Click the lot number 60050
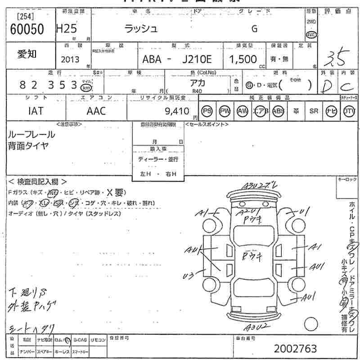(x=27, y=30)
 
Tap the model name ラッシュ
(x=141, y=29)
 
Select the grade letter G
(x=254, y=29)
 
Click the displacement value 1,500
(x=243, y=59)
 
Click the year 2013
(x=70, y=59)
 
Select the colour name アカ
(x=196, y=82)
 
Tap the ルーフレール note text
(x=31, y=134)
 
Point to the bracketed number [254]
(x=26, y=17)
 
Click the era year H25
(x=66, y=29)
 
